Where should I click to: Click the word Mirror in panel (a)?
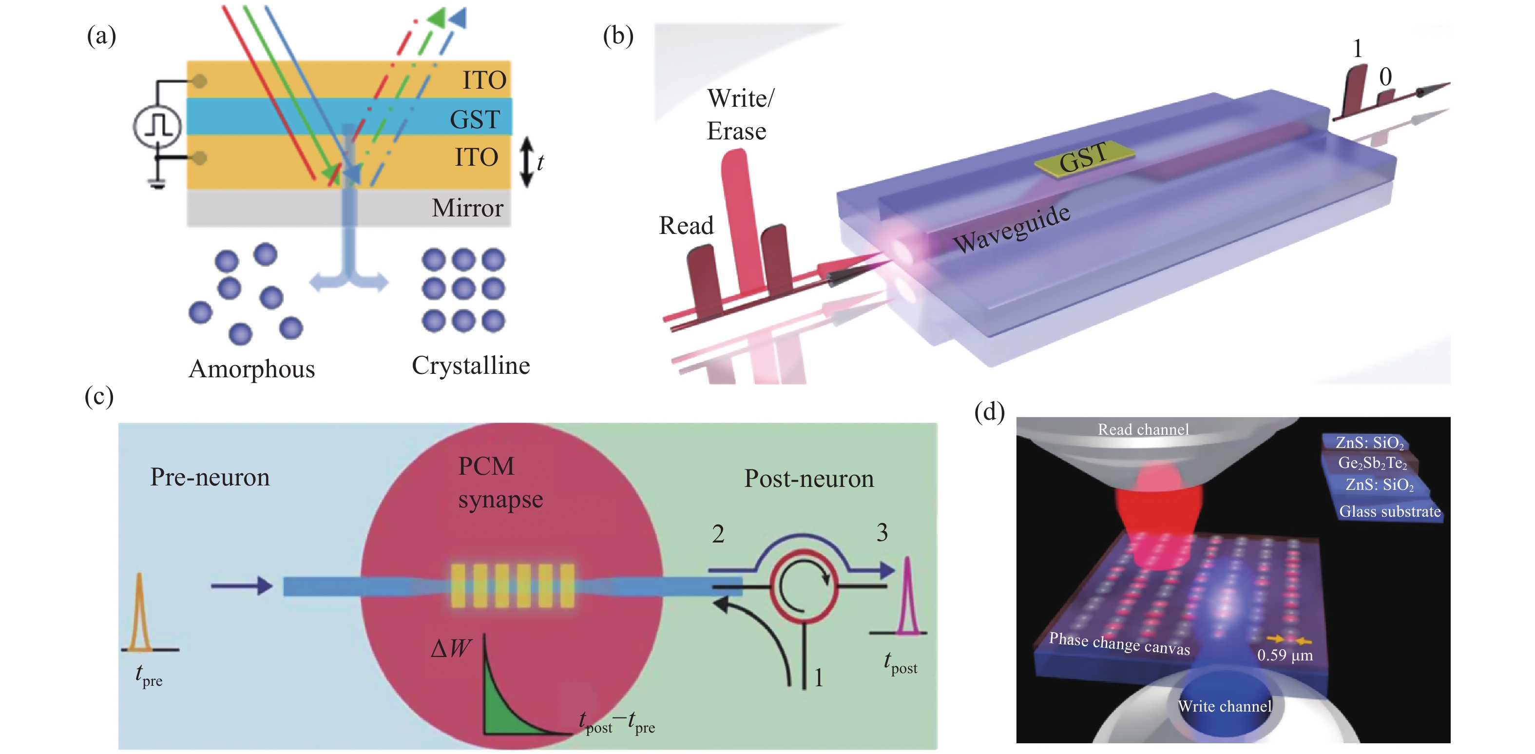click(467, 208)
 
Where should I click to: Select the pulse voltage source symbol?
click(157, 126)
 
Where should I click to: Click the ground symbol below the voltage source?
click(157, 184)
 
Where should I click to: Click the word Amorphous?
click(251, 369)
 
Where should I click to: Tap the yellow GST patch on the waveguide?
click(1083, 157)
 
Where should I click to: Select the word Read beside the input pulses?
click(686, 226)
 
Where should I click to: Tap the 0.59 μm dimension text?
click(1285, 655)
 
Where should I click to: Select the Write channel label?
click(1225, 706)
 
